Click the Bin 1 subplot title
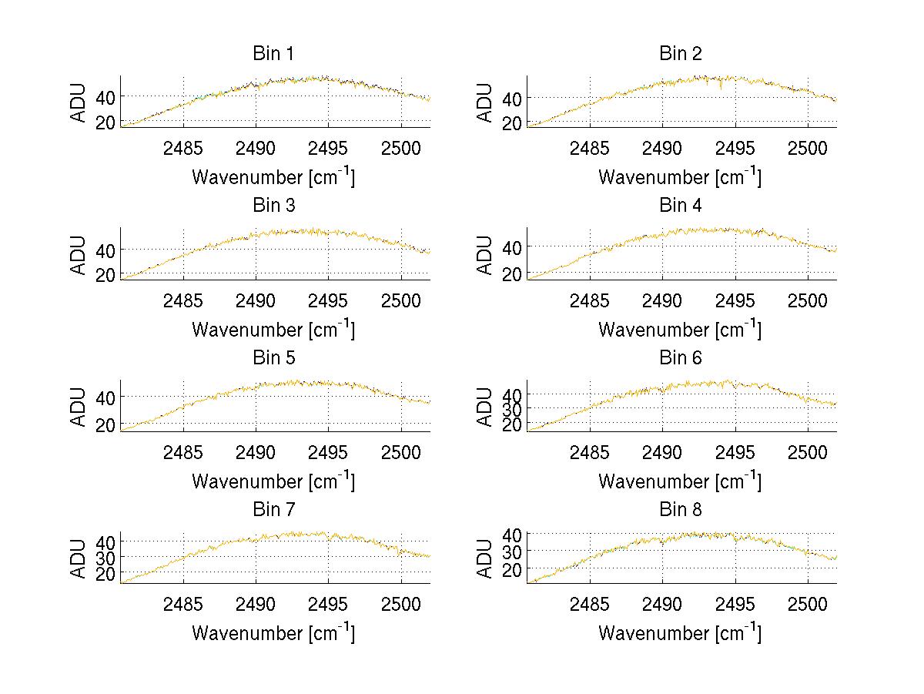pos(273,54)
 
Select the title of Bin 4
pos(681,206)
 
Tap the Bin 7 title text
pos(273,510)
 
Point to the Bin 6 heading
pos(681,358)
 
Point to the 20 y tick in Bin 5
pos(104,424)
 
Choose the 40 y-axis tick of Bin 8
pos(511,534)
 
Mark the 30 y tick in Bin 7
pos(104,557)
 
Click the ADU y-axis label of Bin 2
pos(484,102)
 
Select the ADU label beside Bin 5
pos(78,406)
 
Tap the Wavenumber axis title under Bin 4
pos(680,329)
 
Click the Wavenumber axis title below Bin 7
pos(273,633)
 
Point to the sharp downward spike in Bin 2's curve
pos(721,89)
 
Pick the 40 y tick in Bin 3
pos(104,250)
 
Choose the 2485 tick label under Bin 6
pos(590,451)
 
